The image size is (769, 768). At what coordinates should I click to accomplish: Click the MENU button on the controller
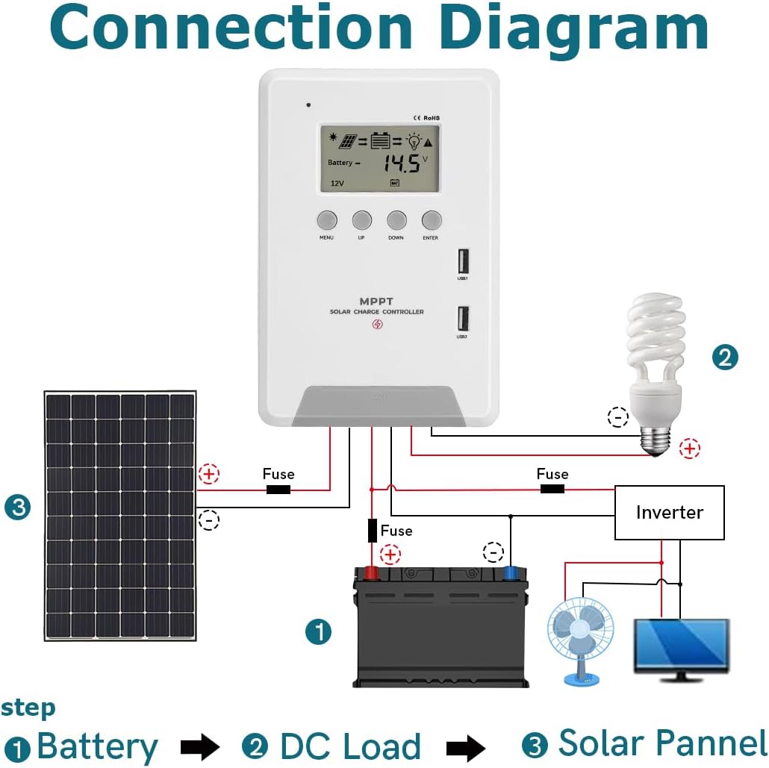pyautogui.click(x=327, y=220)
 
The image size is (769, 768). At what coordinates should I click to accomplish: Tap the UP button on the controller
pyautogui.click(x=362, y=220)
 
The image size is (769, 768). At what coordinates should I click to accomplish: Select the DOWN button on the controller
pyautogui.click(x=396, y=220)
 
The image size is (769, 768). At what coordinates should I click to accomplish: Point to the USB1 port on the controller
pyautogui.click(x=462, y=261)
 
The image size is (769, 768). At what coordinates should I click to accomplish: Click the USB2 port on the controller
pyautogui.click(x=462, y=319)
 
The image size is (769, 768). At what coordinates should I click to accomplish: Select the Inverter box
pyautogui.click(x=669, y=513)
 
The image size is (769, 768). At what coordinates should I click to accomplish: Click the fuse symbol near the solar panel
pyautogui.click(x=278, y=490)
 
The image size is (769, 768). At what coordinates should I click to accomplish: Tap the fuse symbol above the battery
pyautogui.click(x=372, y=531)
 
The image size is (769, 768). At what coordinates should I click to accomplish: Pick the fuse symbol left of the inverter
pyautogui.click(x=552, y=489)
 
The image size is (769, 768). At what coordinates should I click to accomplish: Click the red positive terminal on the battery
pyautogui.click(x=370, y=573)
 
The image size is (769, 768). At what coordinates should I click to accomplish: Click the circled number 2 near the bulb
pyautogui.click(x=724, y=357)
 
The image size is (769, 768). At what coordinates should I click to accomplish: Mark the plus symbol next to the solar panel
pyautogui.click(x=209, y=474)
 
